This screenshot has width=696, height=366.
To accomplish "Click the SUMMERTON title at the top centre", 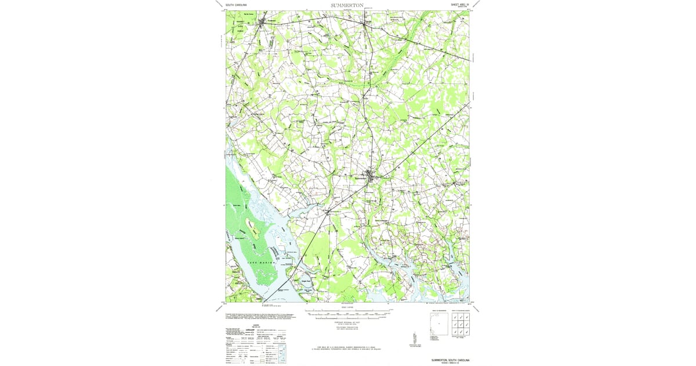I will click(347, 5).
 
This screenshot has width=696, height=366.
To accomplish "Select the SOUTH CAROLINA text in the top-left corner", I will click(237, 5).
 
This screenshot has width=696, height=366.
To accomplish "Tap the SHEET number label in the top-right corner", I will click(462, 4).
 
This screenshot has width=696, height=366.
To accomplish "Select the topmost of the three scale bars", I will click(348, 312).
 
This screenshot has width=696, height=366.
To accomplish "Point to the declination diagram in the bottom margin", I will click(415, 338).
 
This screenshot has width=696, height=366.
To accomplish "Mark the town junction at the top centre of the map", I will click(367, 23).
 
